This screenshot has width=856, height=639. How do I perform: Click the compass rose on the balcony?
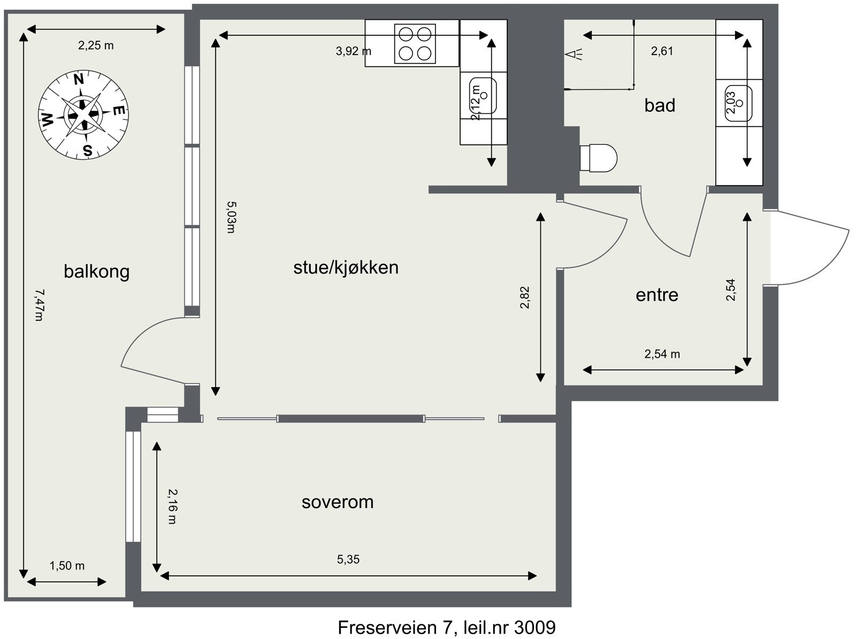pyautogui.click(x=83, y=114)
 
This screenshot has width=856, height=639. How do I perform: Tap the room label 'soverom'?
pyautogui.click(x=337, y=502)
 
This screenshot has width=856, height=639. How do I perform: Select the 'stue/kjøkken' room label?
pyautogui.click(x=346, y=267)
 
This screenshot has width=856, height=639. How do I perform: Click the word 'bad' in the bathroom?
pyautogui.click(x=659, y=105)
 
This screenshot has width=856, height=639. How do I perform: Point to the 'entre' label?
pyautogui.click(x=656, y=295)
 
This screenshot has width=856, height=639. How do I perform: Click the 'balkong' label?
pyautogui.click(x=96, y=272)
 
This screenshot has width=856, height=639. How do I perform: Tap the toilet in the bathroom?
pyautogui.click(x=599, y=157)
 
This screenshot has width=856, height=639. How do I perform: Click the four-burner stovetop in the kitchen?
pyautogui.click(x=415, y=44)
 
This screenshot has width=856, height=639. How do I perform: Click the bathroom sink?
pyautogui.click(x=739, y=102)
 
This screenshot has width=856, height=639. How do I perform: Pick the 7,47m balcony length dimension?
pyautogui.click(x=38, y=305)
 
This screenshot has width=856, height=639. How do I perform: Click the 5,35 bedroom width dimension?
pyautogui.click(x=348, y=559)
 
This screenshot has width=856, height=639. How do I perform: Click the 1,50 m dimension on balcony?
pyautogui.click(x=67, y=565)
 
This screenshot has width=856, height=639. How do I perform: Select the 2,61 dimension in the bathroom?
pyautogui.click(x=662, y=51)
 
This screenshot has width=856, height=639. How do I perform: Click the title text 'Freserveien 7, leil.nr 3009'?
pyautogui.click(x=446, y=627)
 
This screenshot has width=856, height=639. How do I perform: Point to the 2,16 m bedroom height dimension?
pyautogui.click(x=171, y=506)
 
